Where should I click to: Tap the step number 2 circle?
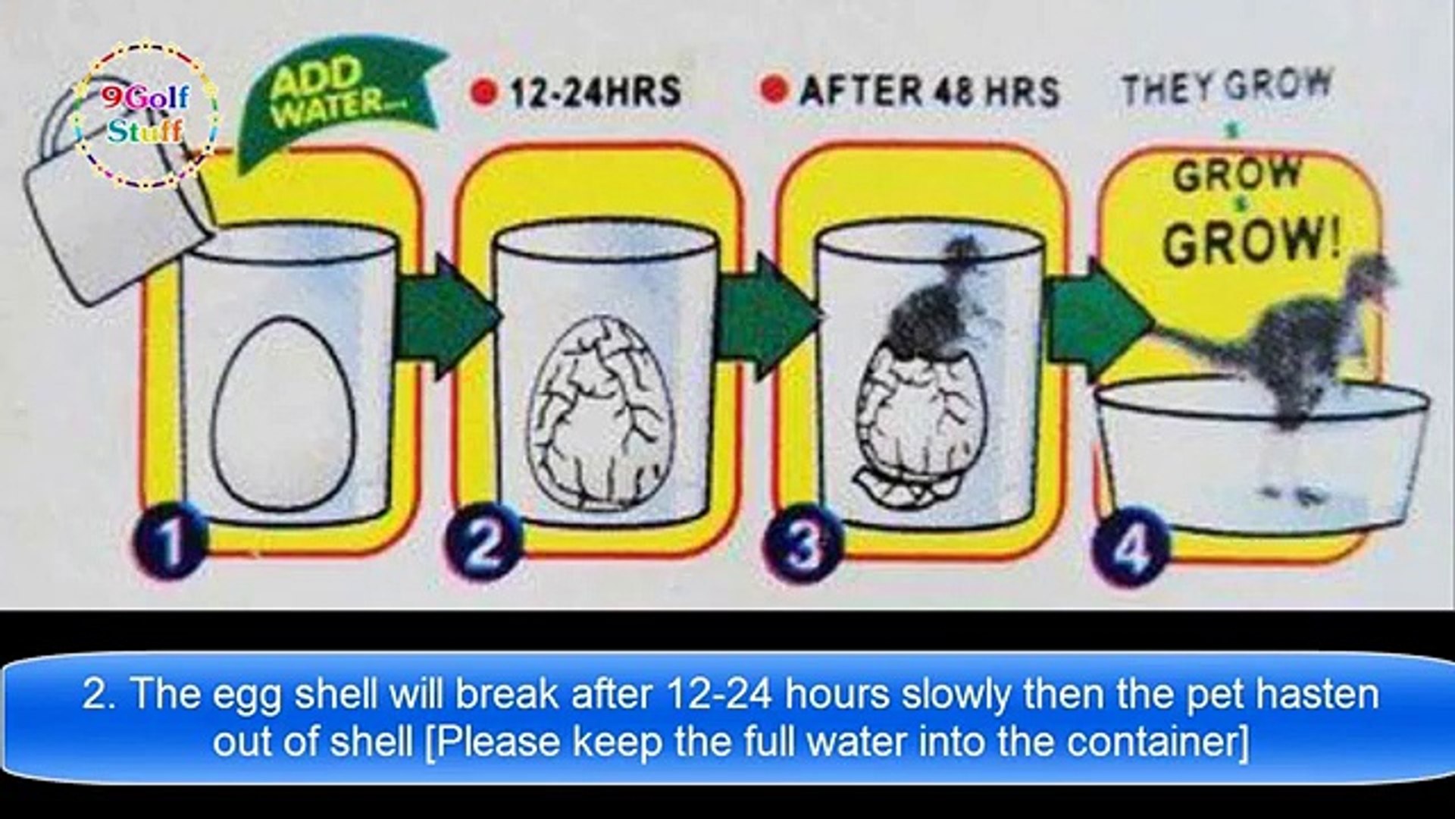tap(483, 541)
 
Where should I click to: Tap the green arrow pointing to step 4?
tap(1099, 317)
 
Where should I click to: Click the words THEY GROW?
tap(1225, 86)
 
